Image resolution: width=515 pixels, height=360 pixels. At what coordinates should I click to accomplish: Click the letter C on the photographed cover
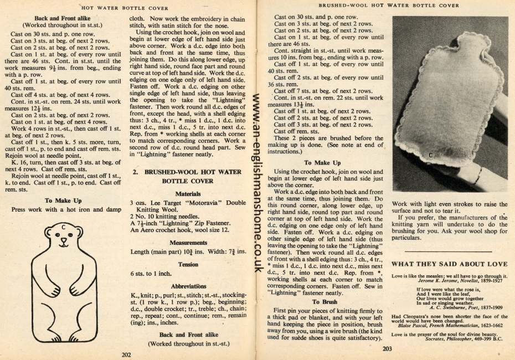pos(431,156)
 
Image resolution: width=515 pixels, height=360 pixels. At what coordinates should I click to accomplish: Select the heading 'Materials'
pos(188,194)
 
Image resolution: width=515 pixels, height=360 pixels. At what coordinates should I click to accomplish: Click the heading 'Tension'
pos(188,264)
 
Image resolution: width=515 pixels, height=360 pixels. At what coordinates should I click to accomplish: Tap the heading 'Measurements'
pos(188,242)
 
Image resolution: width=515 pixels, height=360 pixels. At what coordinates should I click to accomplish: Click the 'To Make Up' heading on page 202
pos(64,200)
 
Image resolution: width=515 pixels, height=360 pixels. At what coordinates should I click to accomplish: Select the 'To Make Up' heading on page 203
pos(322,163)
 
